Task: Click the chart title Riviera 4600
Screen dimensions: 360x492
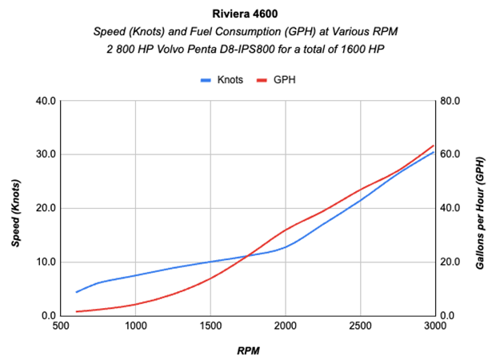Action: pos(245,14)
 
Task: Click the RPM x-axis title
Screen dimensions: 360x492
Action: pos(246,350)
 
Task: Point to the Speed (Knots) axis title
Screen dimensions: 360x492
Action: pos(15,208)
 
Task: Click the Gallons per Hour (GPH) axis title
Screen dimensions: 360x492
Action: pos(479,209)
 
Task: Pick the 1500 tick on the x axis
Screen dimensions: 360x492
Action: pos(210,327)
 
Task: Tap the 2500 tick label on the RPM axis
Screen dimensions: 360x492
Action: pos(360,327)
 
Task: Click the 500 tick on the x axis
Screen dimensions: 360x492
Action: pos(60,327)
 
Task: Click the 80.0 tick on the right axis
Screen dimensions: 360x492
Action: pos(451,101)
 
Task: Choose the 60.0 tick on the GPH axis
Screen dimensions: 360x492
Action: pos(451,154)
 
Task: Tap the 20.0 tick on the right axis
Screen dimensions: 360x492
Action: pos(451,262)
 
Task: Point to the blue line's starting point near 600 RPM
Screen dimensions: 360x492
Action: pos(76,292)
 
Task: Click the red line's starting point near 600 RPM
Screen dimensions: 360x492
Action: pos(76,312)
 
